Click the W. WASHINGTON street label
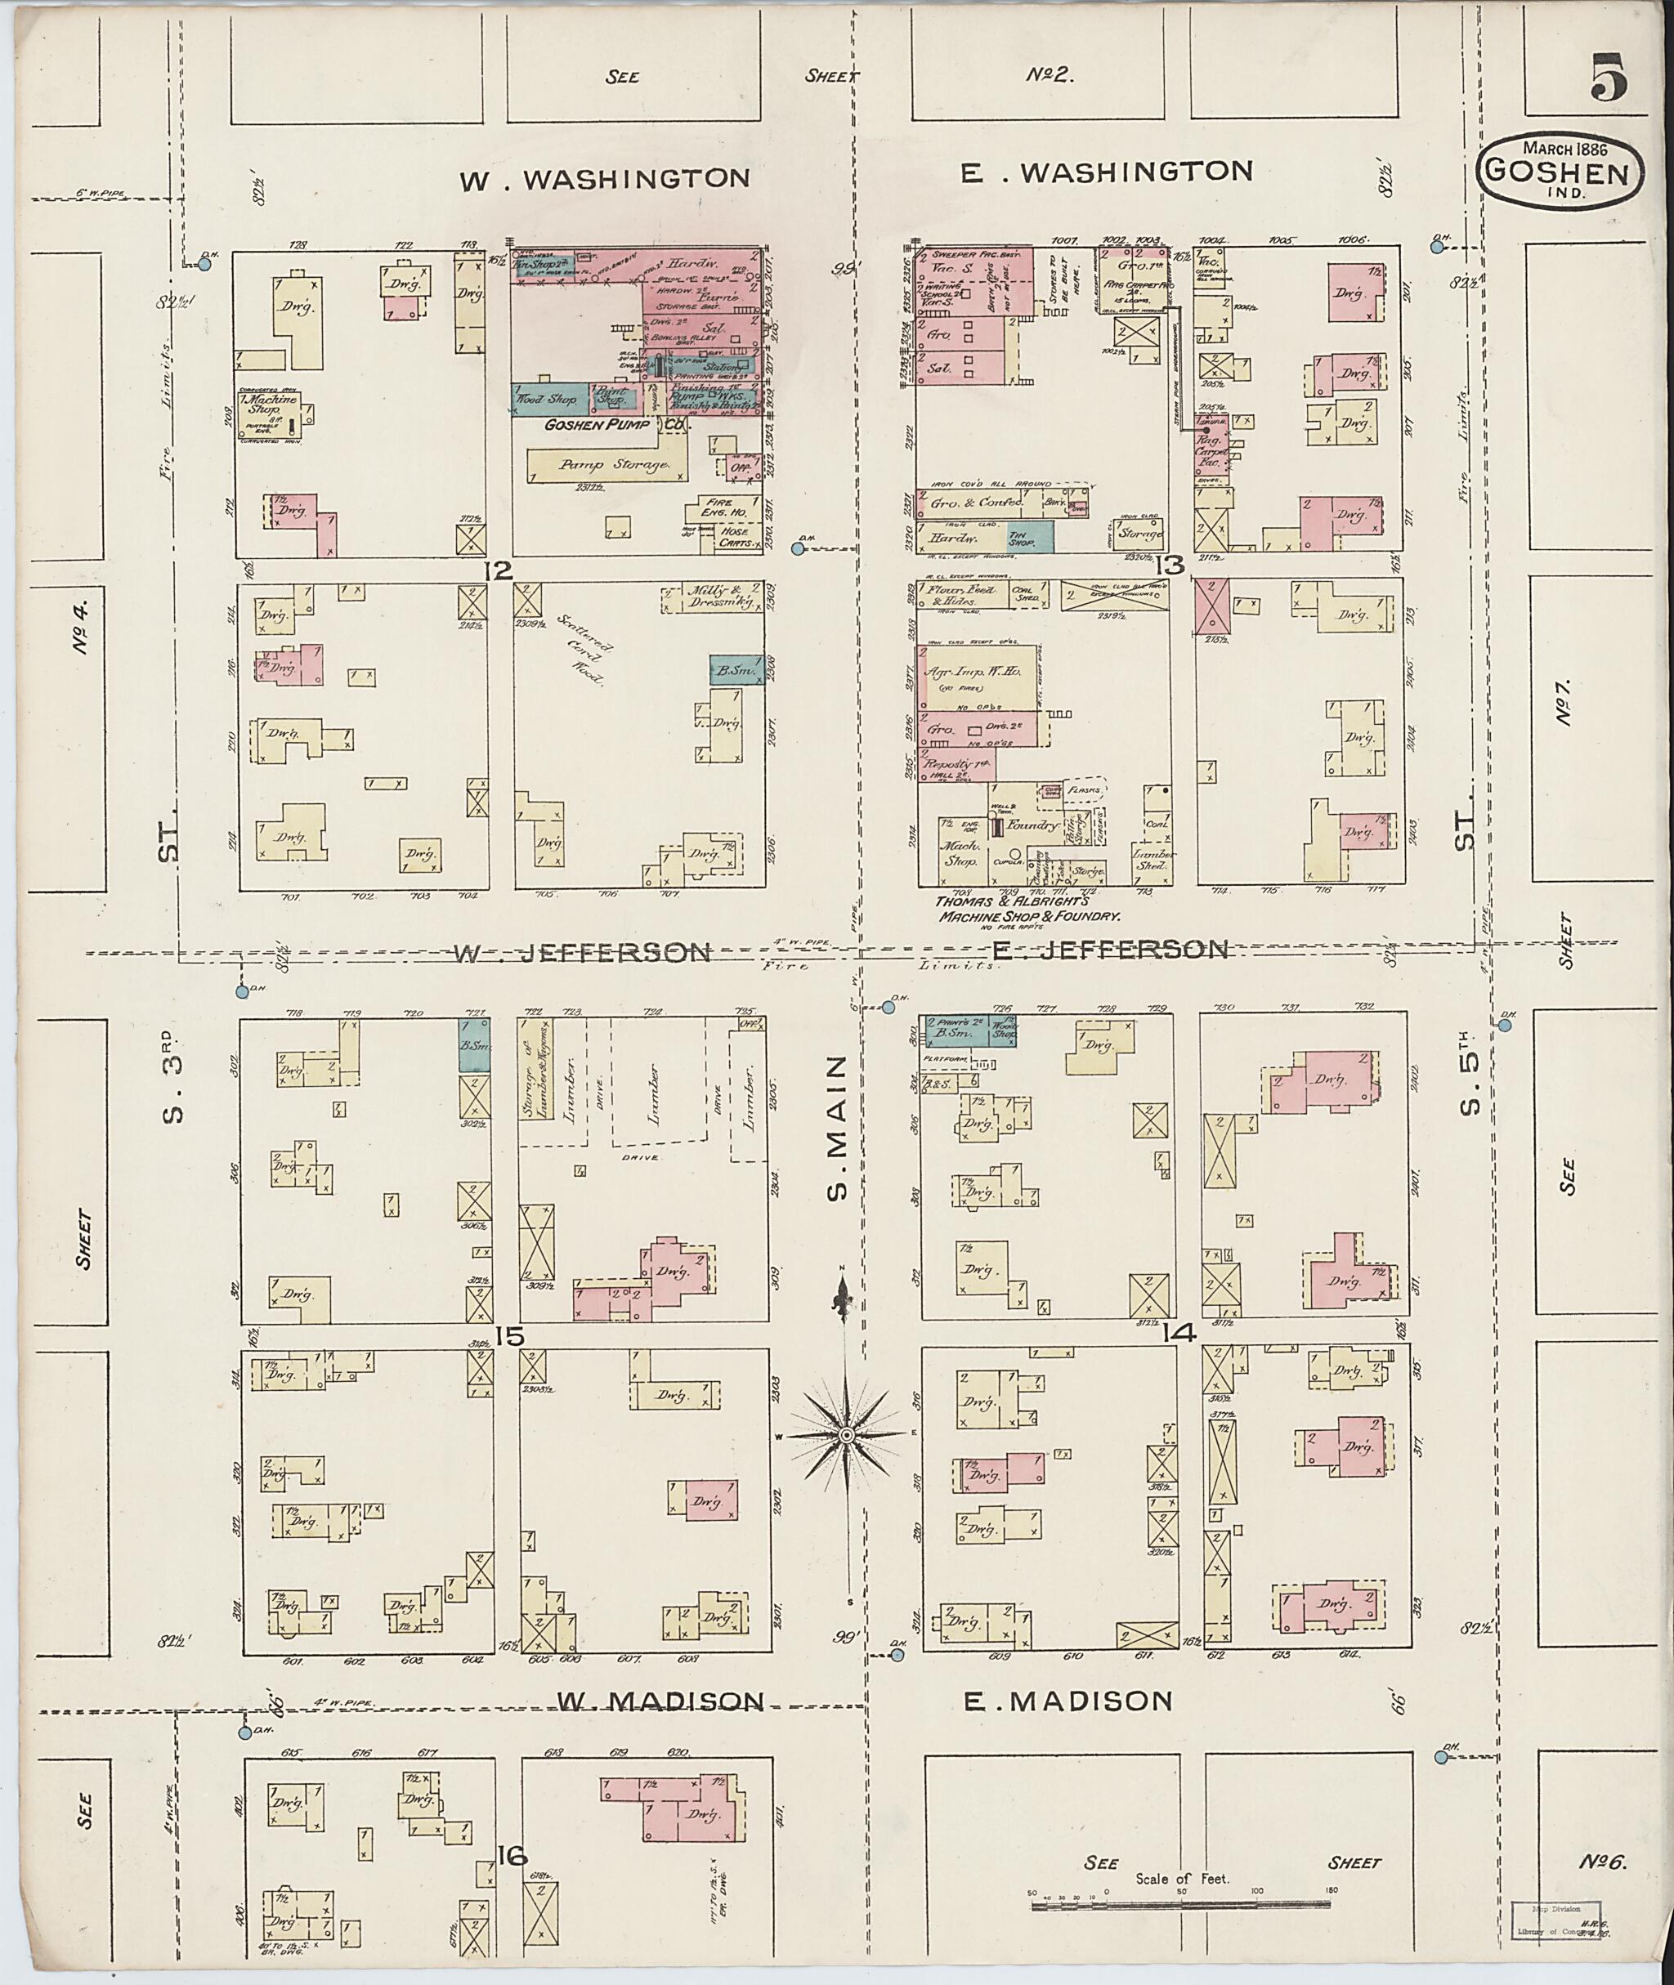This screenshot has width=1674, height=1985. (606, 178)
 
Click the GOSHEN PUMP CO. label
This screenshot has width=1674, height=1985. (615, 426)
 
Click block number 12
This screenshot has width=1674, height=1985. (497, 571)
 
